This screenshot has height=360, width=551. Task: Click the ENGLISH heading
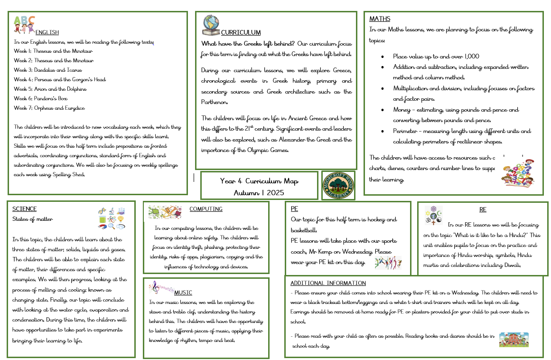[47, 32]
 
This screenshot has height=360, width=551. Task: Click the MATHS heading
[380, 19]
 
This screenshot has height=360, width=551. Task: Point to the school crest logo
[338, 185]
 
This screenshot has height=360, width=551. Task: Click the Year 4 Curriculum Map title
[259, 181]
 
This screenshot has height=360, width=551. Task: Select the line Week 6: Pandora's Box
[43, 98]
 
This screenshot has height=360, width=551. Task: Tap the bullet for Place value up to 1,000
[383, 56]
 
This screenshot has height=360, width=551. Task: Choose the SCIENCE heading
[24, 209]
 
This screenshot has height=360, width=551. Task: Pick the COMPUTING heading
[205, 209]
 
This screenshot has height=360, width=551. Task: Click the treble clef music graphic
[161, 288]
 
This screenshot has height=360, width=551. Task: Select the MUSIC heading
[183, 293]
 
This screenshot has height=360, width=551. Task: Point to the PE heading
[295, 208]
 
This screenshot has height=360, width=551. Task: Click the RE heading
[483, 209]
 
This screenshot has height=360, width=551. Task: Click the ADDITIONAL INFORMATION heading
[328, 283]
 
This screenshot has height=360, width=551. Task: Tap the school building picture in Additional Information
[514, 339]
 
